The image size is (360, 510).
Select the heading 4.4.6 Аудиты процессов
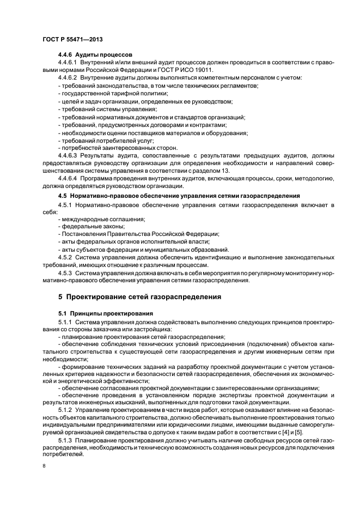[x=92, y=55]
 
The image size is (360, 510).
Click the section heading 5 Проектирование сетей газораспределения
[x=139, y=297]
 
